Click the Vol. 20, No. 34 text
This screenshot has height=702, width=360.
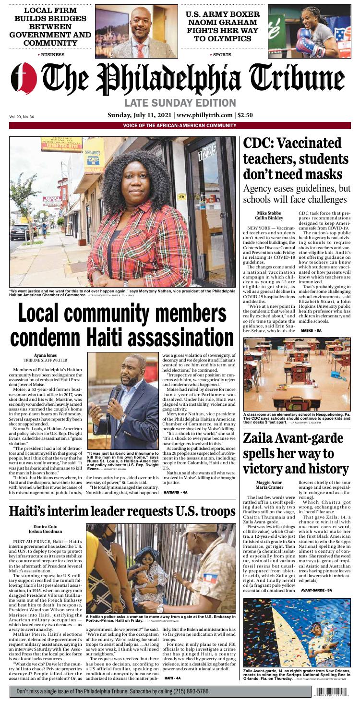(22, 117)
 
